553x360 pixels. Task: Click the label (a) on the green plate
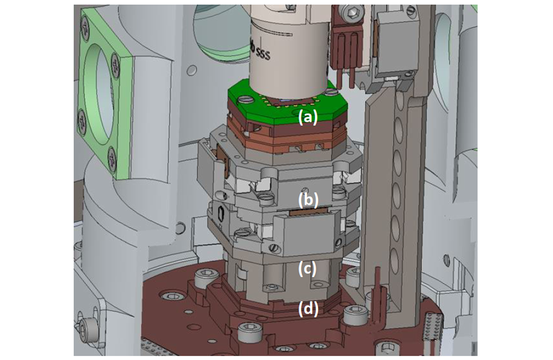click(308, 117)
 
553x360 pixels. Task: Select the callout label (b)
click(308, 200)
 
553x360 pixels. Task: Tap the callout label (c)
click(308, 267)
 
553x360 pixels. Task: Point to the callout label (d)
click(308, 308)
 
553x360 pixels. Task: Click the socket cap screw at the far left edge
click(88, 325)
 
